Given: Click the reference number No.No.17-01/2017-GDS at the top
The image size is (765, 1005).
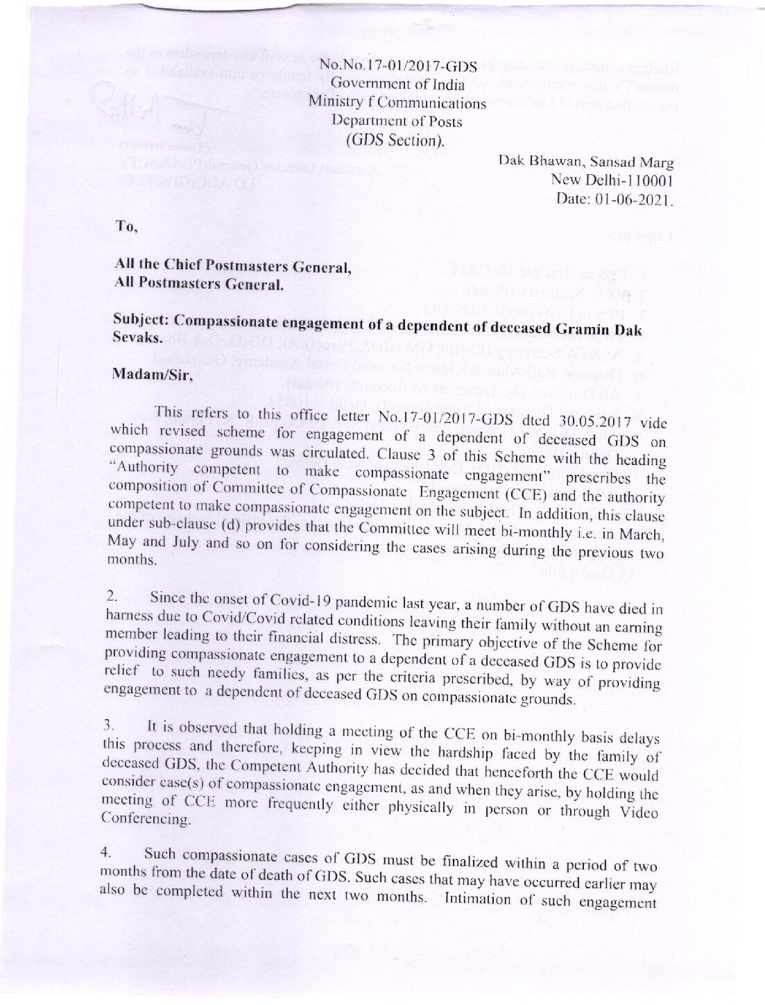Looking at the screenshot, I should coord(397,67).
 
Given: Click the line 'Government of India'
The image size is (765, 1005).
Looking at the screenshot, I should coord(397,85).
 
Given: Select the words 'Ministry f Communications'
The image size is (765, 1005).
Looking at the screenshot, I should coord(397,103).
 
